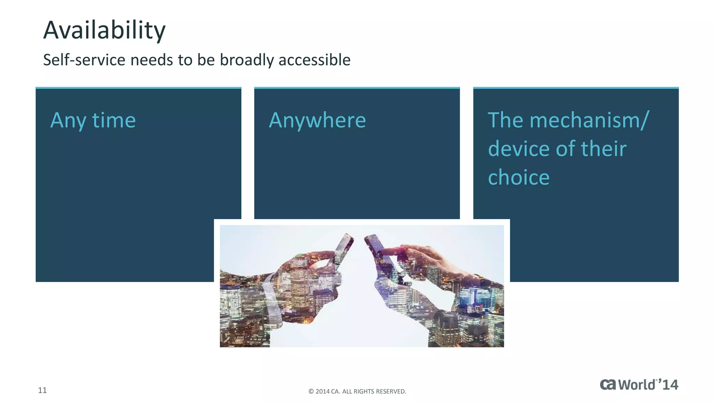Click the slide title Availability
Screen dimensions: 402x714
(x=104, y=30)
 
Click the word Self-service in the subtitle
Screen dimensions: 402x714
(x=84, y=60)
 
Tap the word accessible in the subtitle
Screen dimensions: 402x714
(x=314, y=60)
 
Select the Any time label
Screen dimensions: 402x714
(x=93, y=120)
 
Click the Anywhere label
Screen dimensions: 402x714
(x=317, y=120)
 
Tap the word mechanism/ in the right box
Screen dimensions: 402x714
(x=589, y=120)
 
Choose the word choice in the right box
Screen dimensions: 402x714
(x=518, y=178)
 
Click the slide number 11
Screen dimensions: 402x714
(x=42, y=390)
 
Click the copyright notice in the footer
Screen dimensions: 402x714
(x=357, y=392)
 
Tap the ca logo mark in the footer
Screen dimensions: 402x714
(x=608, y=385)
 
